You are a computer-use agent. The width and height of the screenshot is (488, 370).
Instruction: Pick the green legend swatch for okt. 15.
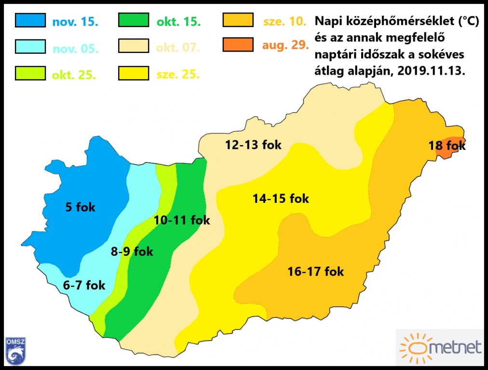[x=134, y=21]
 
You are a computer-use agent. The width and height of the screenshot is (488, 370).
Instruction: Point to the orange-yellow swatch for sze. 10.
[x=238, y=21]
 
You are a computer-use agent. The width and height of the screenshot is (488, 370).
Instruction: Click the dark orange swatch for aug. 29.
[x=238, y=46]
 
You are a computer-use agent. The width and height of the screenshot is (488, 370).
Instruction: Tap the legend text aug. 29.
[x=285, y=46]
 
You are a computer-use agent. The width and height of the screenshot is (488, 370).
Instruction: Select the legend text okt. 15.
[x=179, y=22]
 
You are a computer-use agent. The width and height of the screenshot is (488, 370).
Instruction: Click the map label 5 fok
[x=81, y=208]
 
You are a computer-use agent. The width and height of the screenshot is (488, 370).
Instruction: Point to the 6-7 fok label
[x=84, y=285]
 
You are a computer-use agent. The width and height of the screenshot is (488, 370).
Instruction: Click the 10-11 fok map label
[x=182, y=220]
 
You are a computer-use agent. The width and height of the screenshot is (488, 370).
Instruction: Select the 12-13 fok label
[x=253, y=145]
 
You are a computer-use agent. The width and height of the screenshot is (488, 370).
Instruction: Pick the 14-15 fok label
[x=281, y=198]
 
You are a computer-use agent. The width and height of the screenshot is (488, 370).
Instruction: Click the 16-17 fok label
[x=315, y=271]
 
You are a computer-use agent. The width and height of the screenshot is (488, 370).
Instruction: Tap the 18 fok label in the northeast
[x=447, y=145]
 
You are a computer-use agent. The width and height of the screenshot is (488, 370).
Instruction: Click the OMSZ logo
[x=15, y=350]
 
